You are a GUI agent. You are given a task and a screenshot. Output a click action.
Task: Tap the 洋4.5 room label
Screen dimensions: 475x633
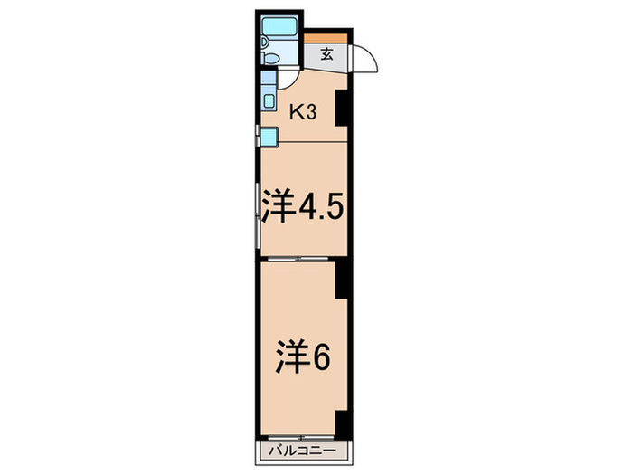302,206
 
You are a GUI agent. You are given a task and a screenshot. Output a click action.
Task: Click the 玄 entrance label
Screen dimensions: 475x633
326,54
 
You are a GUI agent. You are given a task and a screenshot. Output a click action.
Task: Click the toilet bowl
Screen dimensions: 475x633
269,57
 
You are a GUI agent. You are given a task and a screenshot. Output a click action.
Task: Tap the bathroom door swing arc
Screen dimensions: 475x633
287,77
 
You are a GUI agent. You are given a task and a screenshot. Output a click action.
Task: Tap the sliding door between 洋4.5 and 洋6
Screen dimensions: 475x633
301,259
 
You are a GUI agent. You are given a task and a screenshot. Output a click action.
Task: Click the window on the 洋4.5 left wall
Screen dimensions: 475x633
258,222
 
